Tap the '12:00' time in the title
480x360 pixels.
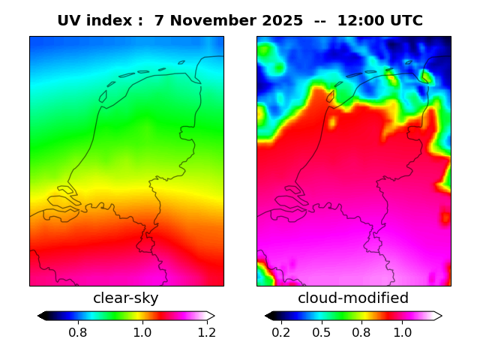(361, 21)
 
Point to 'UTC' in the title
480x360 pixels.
(406, 21)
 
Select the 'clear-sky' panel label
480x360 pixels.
(126, 298)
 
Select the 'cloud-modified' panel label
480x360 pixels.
(353, 298)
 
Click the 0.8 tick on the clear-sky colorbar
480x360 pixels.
(78, 332)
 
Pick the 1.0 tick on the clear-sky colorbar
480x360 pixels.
(142, 332)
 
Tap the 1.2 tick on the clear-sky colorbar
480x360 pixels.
(206, 332)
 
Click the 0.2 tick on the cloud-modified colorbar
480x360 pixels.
(281, 332)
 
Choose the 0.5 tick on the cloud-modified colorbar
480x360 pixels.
(322, 332)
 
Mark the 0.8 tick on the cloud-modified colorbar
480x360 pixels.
(361, 332)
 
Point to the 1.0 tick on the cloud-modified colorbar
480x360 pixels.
(402, 332)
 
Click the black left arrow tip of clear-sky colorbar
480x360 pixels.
(41, 316)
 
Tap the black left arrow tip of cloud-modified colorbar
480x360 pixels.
(268, 316)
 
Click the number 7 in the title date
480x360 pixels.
(159, 21)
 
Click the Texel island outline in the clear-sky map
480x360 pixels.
(103, 96)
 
